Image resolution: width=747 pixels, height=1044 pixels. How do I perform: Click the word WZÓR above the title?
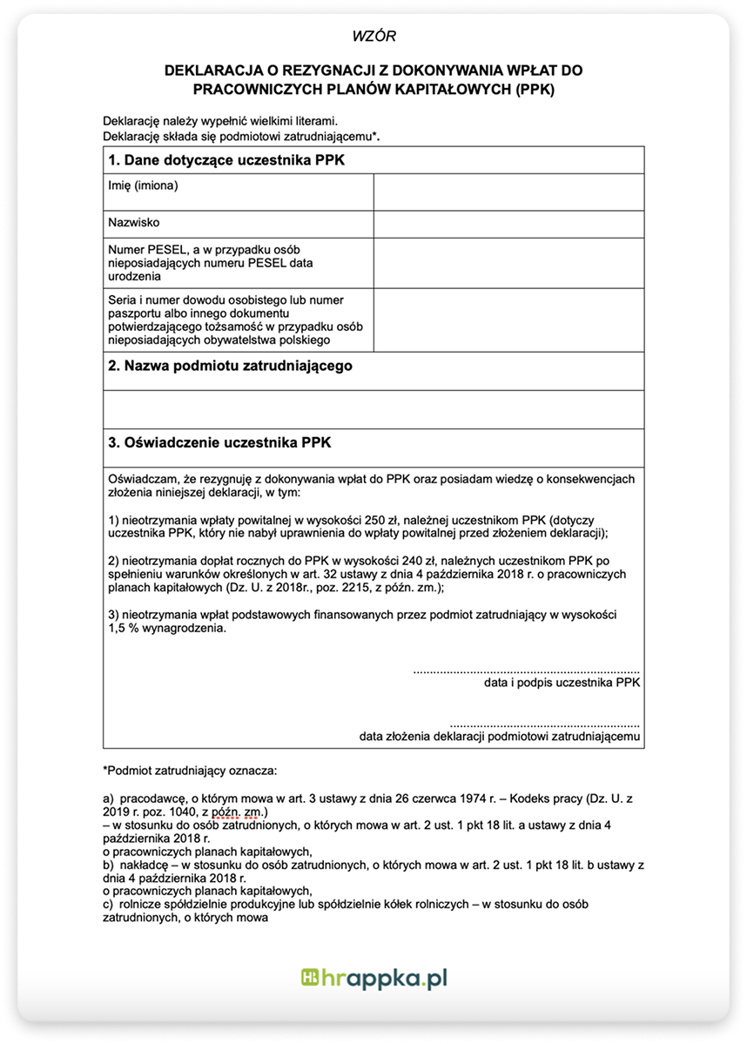tap(373, 37)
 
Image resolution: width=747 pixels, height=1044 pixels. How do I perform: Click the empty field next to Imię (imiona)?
tap(508, 192)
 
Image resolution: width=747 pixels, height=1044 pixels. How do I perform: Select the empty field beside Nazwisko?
tap(508, 225)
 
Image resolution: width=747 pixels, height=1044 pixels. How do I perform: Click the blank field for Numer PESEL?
tap(508, 263)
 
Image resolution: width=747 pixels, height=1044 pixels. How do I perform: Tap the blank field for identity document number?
tap(508, 320)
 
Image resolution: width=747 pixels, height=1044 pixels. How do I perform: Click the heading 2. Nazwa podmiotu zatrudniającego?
tap(231, 366)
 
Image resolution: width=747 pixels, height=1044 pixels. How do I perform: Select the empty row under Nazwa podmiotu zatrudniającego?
tap(373, 409)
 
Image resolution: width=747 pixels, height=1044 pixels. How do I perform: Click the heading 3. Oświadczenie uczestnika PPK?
tap(219, 442)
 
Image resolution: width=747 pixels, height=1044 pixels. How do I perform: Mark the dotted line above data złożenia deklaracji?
tap(545, 724)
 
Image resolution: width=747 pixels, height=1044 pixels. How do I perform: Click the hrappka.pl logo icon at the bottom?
tap(310, 979)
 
